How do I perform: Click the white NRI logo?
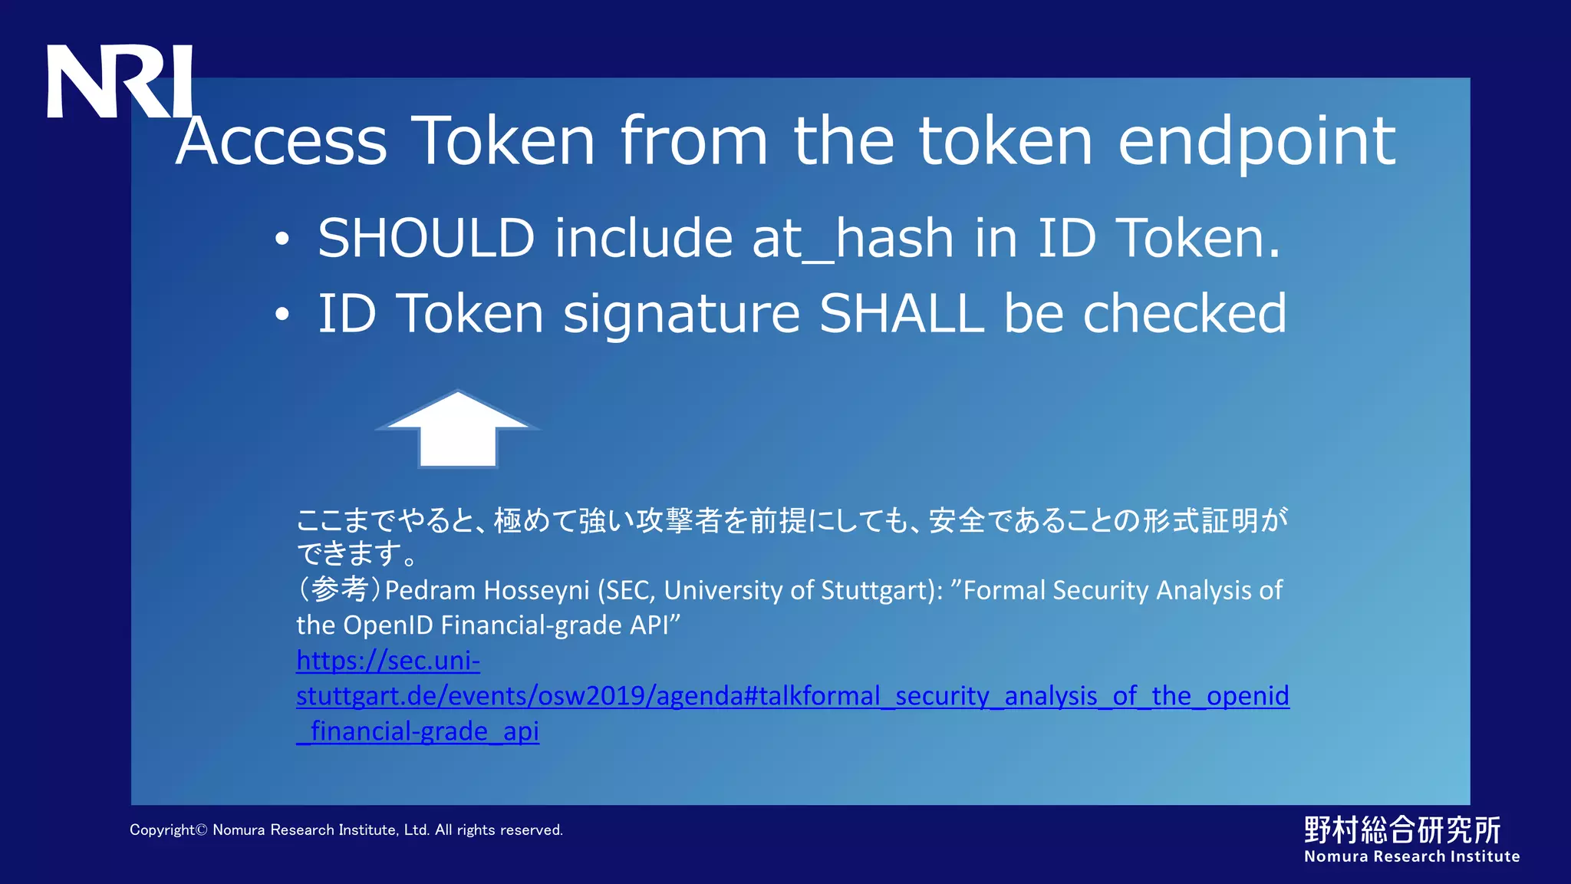pyautogui.click(x=119, y=81)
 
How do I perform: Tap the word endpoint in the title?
pyautogui.click(x=1256, y=143)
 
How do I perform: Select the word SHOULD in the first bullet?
pyautogui.click(x=426, y=238)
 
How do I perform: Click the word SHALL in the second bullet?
pyautogui.click(x=902, y=314)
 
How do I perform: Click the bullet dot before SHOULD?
pyautogui.click(x=282, y=239)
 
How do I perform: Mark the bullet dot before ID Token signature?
pyautogui.click(x=282, y=315)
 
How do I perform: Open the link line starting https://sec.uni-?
pyautogui.click(x=388, y=661)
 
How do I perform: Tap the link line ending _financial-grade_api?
pyautogui.click(x=418, y=731)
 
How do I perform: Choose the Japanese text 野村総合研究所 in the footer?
pyautogui.click(x=1402, y=830)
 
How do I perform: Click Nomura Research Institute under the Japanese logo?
pyautogui.click(x=1411, y=857)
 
